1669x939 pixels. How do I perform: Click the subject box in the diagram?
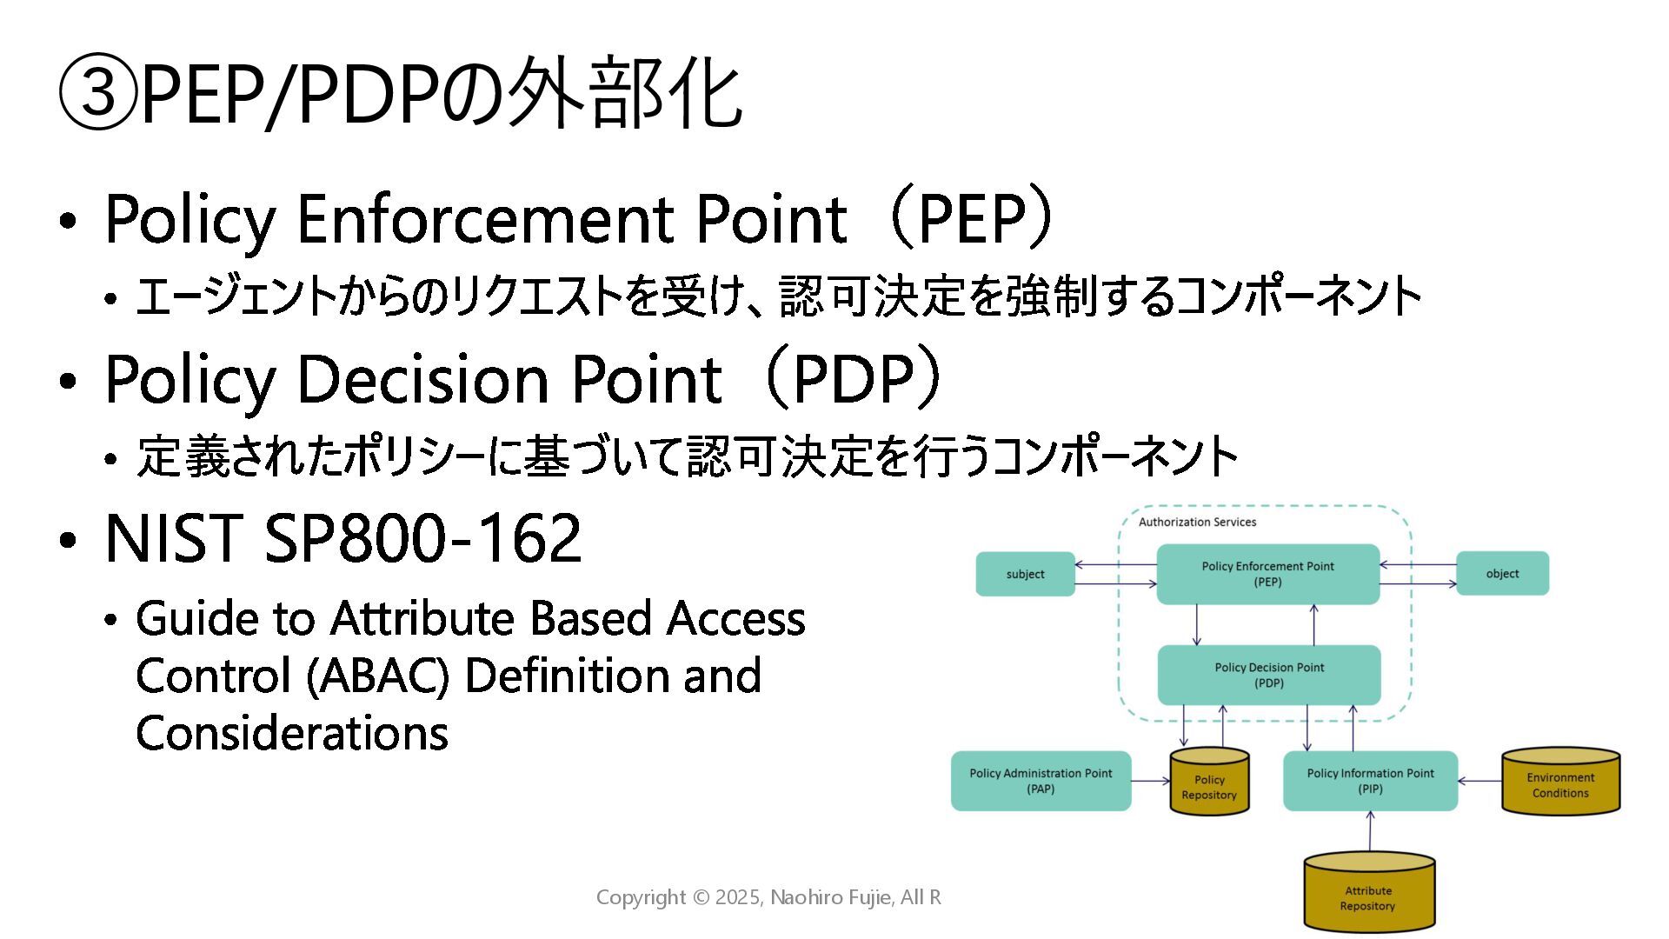(x=1025, y=574)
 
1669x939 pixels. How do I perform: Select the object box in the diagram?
(x=1502, y=574)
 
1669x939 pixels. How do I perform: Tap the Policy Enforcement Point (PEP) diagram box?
(x=1267, y=574)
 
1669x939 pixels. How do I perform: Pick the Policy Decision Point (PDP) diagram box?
(x=1269, y=676)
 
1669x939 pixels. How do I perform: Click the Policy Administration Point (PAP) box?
(x=1041, y=781)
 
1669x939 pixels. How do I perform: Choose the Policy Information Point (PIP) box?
(x=1370, y=781)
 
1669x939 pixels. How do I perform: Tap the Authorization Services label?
(x=1197, y=522)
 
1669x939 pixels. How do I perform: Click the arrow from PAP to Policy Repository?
(x=1151, y=781)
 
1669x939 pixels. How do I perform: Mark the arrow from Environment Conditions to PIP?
(x=1479, y=781)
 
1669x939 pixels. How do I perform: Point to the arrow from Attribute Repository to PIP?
(x=1370, y=832)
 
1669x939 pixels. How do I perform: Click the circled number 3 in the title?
(x=97, y=92)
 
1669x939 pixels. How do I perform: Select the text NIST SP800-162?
(x=342, y=538)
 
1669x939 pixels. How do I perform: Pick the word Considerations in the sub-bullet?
(x=292, y=733)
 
